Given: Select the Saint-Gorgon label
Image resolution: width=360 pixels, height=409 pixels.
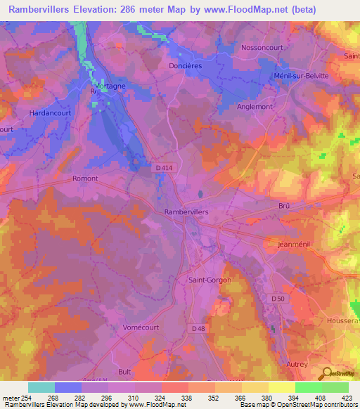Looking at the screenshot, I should (x=210, y=279).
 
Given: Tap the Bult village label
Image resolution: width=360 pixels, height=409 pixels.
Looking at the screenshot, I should (x=125, y=371).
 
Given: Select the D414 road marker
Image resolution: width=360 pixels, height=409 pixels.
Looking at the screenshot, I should (x=163, y=167).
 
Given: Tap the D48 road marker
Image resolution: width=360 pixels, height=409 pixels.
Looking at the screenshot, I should (x=198, y=328).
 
